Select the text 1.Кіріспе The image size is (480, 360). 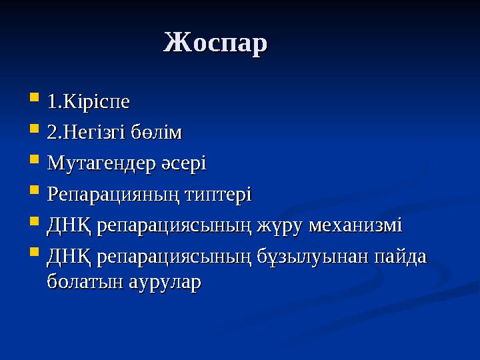[x=88, y=103]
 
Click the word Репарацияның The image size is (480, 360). [x=113, y=195]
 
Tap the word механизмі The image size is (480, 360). [x=363, y=225]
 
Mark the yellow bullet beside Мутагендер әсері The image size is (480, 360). [x=34, y=161]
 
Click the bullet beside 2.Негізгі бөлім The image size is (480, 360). [x=34, y=131]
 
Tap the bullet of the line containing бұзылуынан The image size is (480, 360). [x=34, y=255]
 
